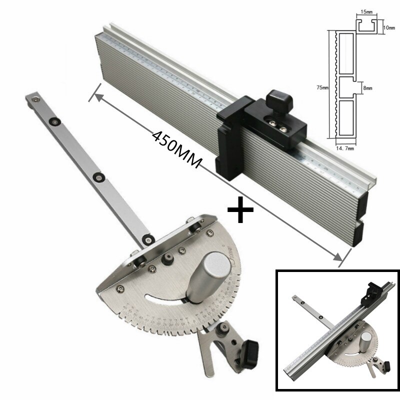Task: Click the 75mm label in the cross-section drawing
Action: [322, 88]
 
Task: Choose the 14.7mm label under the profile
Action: [345, 148]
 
